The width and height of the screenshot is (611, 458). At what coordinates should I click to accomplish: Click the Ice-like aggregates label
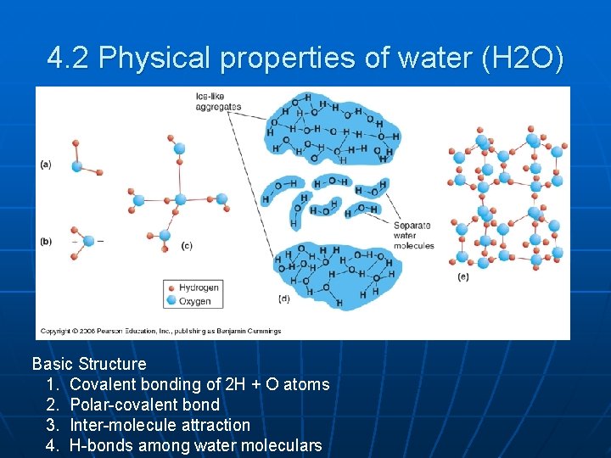[218, 103]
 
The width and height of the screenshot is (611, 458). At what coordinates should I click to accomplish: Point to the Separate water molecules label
[413, 235]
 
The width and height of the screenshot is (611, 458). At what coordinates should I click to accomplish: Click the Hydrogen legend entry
[198, 287]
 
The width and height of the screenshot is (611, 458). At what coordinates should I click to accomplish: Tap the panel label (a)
[46, 164]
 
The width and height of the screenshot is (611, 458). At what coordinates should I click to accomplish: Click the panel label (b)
[46, 241]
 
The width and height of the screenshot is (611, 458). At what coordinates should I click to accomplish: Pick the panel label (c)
[186, 246]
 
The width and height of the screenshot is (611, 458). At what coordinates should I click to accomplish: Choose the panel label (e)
[462, 276]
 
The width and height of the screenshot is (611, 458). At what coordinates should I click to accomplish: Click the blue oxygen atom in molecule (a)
[77, 165]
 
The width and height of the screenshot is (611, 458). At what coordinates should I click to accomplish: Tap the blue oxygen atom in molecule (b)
[77, 241]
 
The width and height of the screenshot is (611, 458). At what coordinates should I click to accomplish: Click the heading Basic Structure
[89, 364]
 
